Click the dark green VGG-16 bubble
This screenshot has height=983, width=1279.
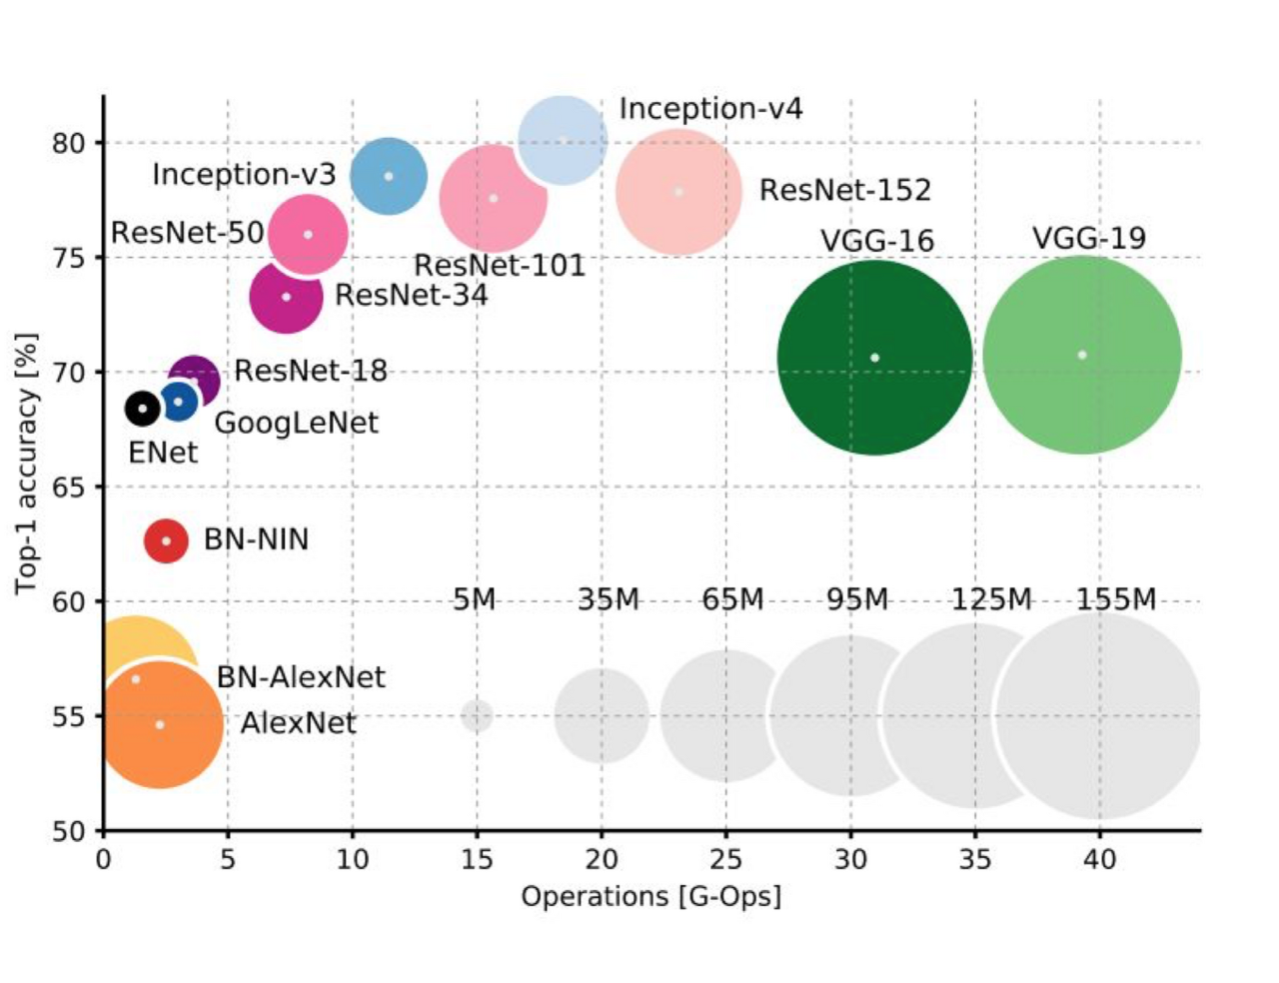click(874, 358)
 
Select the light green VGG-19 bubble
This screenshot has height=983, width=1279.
click(1082, 355)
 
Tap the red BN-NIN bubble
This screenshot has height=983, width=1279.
click(166, 540)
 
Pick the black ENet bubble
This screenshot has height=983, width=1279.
click(142, 408)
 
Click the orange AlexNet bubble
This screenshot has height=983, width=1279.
click(160, 724)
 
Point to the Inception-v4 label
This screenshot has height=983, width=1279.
click(710, 108)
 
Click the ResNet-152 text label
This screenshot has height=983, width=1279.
click(844, 190)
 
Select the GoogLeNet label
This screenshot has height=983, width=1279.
click(297, 423)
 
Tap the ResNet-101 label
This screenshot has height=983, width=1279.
click(499, 266)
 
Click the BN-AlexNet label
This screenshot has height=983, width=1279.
click(301, 677)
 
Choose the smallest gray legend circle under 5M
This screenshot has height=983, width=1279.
click(477, 715)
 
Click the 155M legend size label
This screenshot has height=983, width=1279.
click(1116, 599)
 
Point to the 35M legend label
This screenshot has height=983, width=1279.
click(608, 599)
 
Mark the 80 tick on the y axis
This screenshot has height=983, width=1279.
click(69, 143)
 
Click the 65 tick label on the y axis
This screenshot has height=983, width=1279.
click(69, 488)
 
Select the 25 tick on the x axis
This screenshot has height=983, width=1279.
click(725, 859)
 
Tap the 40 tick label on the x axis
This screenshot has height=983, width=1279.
click(1099, 859)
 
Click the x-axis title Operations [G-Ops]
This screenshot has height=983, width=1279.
click(650, 896)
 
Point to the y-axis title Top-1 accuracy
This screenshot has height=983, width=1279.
click(26, 464)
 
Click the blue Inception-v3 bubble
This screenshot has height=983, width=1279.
click(389, 176)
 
